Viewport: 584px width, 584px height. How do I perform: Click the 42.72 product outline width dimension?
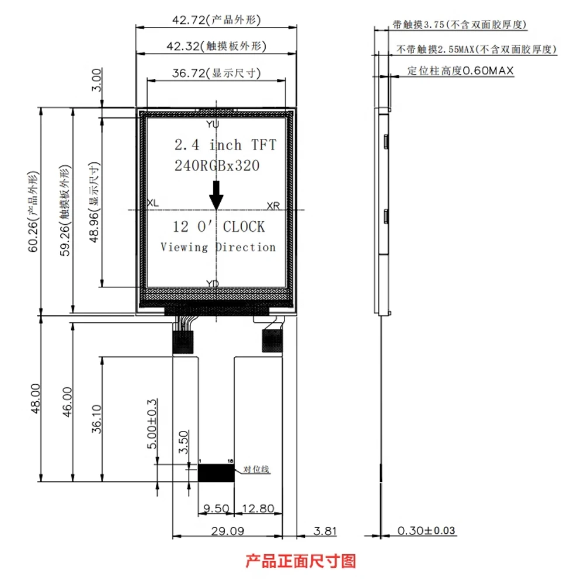point(216,20)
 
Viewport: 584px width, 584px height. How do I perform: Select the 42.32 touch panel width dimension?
point(216,46)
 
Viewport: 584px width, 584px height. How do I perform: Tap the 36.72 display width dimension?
point(216,73)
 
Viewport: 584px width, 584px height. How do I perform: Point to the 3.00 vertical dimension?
point(96,80)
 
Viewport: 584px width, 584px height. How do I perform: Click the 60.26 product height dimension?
point(33,211)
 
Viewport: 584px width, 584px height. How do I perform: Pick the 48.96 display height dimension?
point(95,202)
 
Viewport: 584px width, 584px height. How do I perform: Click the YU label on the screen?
point(213,124)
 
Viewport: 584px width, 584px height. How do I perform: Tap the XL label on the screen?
point(152,203)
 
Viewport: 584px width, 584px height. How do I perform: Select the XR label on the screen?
point(273,206)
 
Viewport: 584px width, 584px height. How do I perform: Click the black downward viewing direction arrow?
point(216,196)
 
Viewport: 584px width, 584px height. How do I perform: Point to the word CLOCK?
point(244,227)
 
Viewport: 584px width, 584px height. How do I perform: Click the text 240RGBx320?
point(217,166)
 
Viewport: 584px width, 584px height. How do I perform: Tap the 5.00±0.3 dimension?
point(152,424)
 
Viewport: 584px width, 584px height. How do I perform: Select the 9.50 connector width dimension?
point(216,509)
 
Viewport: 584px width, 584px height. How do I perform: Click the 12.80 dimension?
point(258,509)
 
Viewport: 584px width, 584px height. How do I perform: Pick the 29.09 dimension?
point(228,531)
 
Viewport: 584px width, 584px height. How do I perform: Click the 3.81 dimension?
point(325,531)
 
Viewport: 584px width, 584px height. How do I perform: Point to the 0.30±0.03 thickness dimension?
point(426,530)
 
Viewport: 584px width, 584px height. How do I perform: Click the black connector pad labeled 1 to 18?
point(216,472)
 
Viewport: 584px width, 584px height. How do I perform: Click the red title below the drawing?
point(301,561)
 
